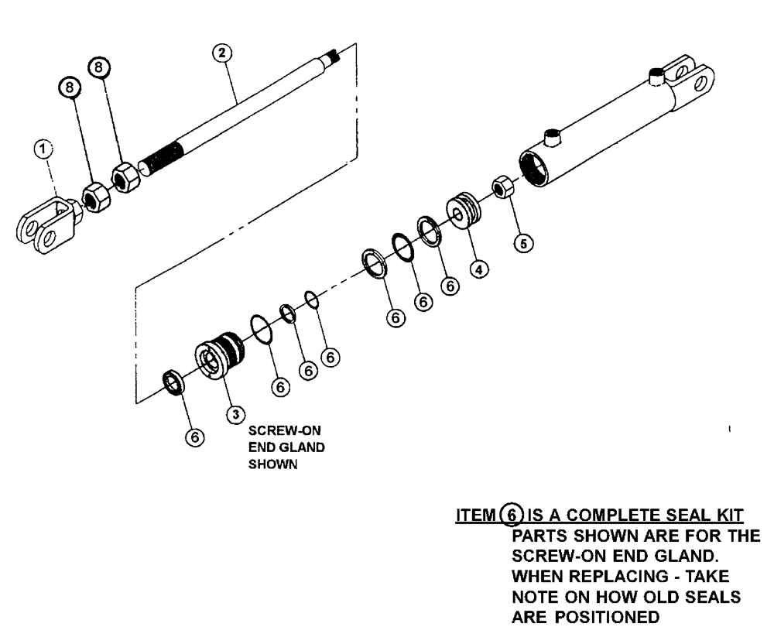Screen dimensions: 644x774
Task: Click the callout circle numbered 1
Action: pos(46,148)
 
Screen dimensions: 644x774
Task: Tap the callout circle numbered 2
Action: pos(222,53)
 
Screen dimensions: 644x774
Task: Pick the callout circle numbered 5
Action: pos(525,244)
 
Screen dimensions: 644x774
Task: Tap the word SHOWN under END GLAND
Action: pos(268,466)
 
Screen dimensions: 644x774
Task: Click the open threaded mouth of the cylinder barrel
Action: pos(535,163)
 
